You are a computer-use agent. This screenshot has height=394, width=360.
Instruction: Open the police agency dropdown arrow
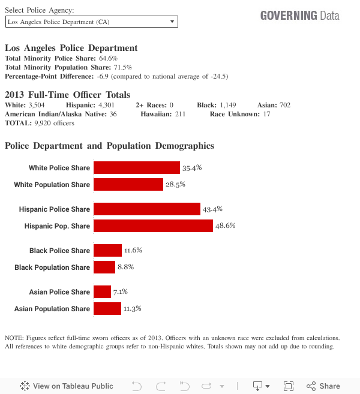pos(172,22)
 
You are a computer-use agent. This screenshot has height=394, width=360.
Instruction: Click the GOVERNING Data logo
pos(299,16)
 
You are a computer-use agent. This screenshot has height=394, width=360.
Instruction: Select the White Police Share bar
pos(137,168)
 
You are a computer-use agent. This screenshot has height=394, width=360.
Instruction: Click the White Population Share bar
pos(128,185)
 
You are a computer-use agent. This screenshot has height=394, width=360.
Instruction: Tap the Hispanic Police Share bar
pos(147,209)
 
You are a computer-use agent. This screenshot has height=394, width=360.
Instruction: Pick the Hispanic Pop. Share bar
pos(153,226)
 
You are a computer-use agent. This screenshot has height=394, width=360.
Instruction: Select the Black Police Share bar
pos(108,251)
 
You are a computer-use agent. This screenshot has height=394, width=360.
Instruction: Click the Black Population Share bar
pos(104,267)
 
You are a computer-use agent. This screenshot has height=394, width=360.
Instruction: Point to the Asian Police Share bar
pos(103,292)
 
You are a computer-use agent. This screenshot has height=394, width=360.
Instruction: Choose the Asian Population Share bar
pos(107,309)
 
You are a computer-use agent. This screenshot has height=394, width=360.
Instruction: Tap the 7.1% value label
pos(121,292)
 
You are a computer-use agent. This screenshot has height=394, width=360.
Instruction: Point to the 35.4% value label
pos(192,168)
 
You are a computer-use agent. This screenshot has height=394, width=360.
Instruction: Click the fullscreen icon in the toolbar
pos(288,386)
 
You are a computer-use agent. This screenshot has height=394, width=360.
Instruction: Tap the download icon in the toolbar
pos(258,386)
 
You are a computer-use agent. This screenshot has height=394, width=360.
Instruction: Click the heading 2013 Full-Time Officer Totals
pos(67,95)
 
